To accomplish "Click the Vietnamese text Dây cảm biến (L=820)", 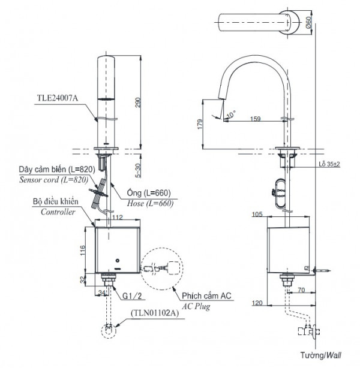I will click(x=53, y=170).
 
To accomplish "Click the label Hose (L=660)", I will click(x=151, y=203).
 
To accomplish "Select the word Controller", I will click(x=58, y=212).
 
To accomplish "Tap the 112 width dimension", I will click(x=117, y=218).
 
